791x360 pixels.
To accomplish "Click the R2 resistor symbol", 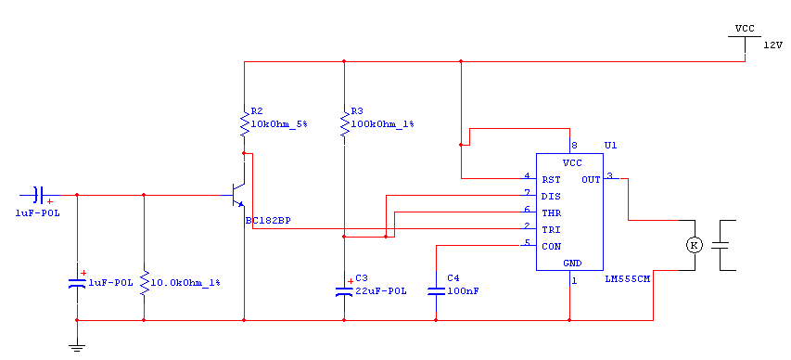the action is pos(244,124).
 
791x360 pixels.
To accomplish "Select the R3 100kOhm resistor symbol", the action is pos(344,124).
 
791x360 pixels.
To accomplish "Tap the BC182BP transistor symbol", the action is pos(237,195).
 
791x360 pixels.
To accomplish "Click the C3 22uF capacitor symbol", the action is pos(344,290).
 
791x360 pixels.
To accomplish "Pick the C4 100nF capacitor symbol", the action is pos(436,290).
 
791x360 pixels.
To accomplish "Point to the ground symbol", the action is pos(77,346).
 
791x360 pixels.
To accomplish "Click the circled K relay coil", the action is pos(695,245).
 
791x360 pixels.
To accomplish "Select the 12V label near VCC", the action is pos(772,45).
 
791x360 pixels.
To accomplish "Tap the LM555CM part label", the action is pos(627,278).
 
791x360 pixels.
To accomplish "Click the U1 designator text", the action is pos(610,146).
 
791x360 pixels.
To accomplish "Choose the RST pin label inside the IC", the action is pos(551,179).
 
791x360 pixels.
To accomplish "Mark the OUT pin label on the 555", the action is pos(591,179).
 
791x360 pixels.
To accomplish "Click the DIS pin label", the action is pos(551,196).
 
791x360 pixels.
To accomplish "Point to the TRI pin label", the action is pos(551,229).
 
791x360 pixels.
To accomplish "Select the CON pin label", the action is pos(551,247).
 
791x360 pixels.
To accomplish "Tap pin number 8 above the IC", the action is pos(574,146).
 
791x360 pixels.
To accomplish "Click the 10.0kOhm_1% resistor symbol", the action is pos(145,283).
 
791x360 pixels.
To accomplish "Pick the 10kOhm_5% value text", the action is pos(278,123).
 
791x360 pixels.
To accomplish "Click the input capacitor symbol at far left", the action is pos(39,195).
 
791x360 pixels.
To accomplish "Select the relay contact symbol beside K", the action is pos(724,245).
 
